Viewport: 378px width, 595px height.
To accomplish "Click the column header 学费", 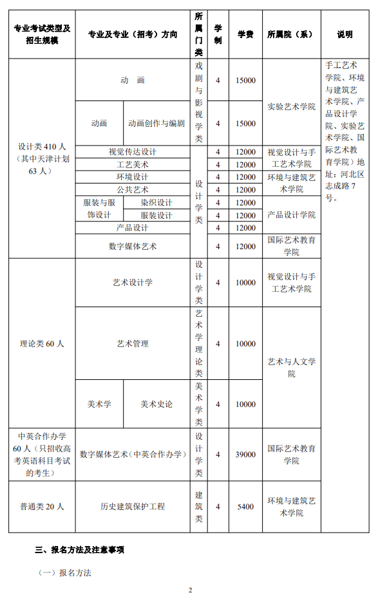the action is [x=245, y=34].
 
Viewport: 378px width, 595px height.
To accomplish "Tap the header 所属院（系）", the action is [x=291, y=34].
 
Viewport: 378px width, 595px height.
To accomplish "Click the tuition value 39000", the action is [x=245, y=455].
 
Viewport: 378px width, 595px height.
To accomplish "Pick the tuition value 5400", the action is [x=245, y=507].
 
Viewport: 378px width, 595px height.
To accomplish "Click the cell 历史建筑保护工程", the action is [x=133, y=507].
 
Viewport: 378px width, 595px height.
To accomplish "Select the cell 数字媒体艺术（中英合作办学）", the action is [x=133, y=455].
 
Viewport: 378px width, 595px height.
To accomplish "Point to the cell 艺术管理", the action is [x=133, y=344].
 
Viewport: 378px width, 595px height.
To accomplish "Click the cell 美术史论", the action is [x=156, y=404].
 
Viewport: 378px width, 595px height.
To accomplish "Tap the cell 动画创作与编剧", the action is [x=156, y=124].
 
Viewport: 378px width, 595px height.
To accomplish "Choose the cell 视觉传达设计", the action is [x=133, y=152].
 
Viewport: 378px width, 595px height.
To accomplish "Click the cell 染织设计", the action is [x=156, y=203].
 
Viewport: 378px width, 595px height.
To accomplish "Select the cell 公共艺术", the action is [x=133, y=190].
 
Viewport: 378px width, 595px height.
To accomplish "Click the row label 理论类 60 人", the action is [x=42, y=344].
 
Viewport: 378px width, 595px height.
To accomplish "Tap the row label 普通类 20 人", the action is [x=42, y=507].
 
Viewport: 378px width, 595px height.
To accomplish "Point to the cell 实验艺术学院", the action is [x=291, y=106].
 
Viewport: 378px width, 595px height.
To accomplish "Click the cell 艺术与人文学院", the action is [x=291, y=368].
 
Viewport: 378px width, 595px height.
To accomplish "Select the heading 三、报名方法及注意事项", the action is [x=79, y=550].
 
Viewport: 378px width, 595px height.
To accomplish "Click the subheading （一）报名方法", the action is [x=65, y=572].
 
